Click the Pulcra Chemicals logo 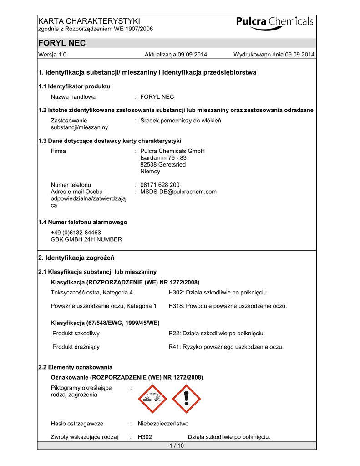pos(275,23)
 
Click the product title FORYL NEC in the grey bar pos(62,43)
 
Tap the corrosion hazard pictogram pos(153,399)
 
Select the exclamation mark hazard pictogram pos(186,399)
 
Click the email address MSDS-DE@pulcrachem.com pos(178,192)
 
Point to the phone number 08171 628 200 pos(160,185)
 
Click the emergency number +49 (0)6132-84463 pos(76,232)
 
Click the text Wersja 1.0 pos(53,55)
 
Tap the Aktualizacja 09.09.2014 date pos(176,55)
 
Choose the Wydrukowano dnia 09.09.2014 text pos(274,55)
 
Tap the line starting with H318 pos(228,306)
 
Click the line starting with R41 pos(226,347)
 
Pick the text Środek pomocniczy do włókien pos(181,121)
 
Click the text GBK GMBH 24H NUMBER pos(86,239)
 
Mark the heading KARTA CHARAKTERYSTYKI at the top pos(89,21)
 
